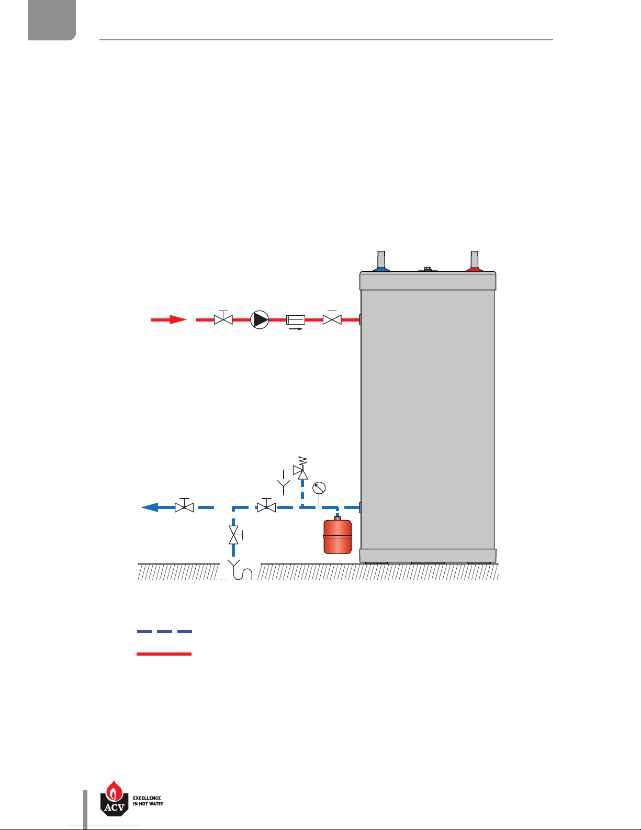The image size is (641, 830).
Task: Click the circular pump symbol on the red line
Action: click(260, 319)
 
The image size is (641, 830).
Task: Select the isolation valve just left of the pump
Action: click(223, 319)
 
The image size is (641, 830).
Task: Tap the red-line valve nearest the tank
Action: click(332, 319)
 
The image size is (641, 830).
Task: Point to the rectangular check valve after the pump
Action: click(296, 319)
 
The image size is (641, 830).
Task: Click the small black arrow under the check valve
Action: click(296, 329)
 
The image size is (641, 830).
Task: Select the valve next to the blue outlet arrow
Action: click(184, 507)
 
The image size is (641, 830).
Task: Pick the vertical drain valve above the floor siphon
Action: click(233, 535)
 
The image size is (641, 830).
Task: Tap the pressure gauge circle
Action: click(319, 488)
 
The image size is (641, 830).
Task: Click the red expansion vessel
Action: click(338, 536)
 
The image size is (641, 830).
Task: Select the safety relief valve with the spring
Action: click(301, 471)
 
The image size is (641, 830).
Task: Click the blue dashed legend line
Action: click(164, 632)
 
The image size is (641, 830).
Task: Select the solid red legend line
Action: click(164, 654)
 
